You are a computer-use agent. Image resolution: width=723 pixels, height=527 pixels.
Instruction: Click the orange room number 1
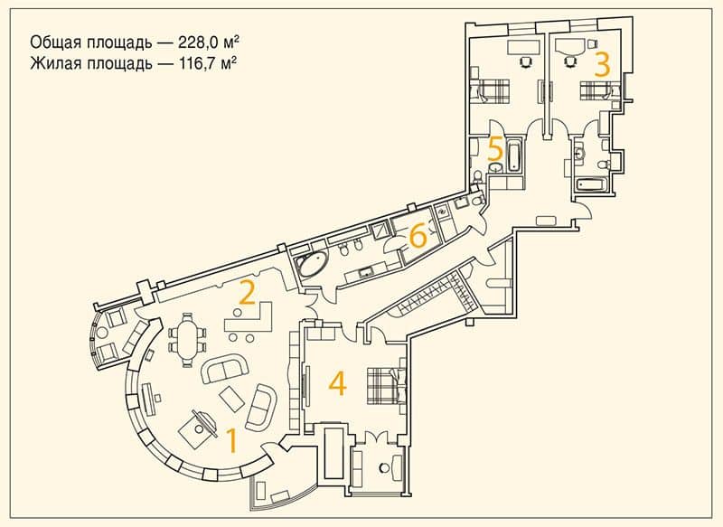tap(232, 440)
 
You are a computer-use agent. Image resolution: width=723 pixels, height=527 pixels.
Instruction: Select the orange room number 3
tap(602, 63)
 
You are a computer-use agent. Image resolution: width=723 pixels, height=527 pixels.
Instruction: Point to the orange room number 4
tap(337, 383)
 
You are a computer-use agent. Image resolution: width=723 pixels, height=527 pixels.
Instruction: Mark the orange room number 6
tap(418, 237)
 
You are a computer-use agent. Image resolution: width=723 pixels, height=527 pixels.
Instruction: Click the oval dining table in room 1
tap(188, 340)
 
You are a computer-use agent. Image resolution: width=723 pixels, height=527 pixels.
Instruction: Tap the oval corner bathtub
tap(313, 264)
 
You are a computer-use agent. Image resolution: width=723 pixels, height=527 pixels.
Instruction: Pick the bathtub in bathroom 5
tap(513, 155)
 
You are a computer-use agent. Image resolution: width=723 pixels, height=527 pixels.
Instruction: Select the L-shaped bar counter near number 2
tap(249, 317)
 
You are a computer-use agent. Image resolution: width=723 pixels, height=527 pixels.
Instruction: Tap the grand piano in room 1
tap(198, 424)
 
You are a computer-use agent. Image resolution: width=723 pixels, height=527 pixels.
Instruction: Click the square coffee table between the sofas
tap(231, 400)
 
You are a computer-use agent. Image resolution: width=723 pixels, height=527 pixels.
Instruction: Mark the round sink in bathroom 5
tap(495, 167)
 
